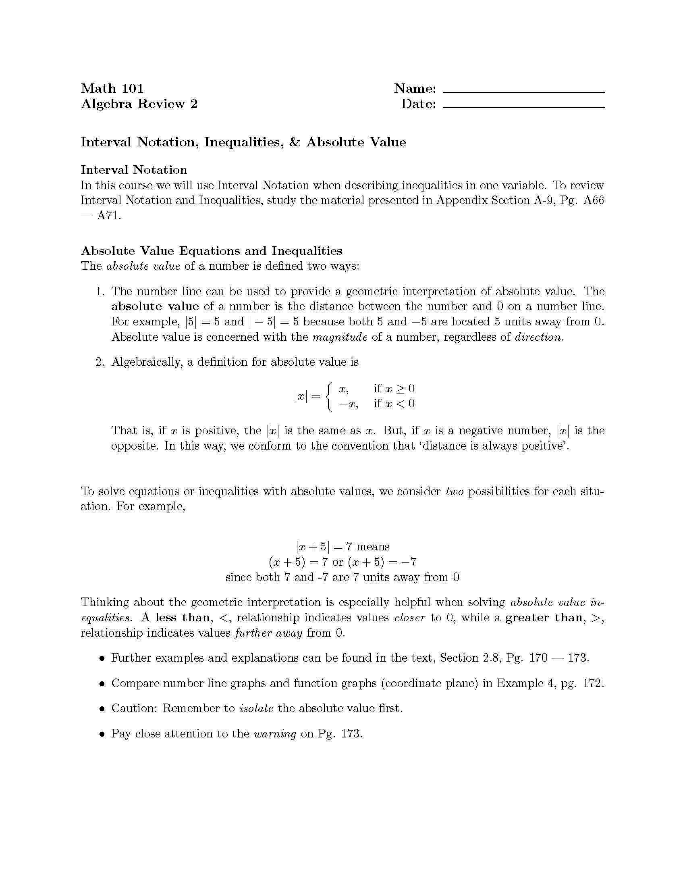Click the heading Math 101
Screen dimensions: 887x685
coord(112,88)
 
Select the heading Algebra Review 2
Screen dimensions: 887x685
coord(139,104)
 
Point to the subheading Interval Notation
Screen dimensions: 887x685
coord(134,170)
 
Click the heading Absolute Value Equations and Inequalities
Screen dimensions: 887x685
coord(212,251)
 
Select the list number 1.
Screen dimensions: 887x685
coord(100,291)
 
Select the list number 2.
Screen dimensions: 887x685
coord(100,362)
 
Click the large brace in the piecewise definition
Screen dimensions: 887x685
coord(330,396)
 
